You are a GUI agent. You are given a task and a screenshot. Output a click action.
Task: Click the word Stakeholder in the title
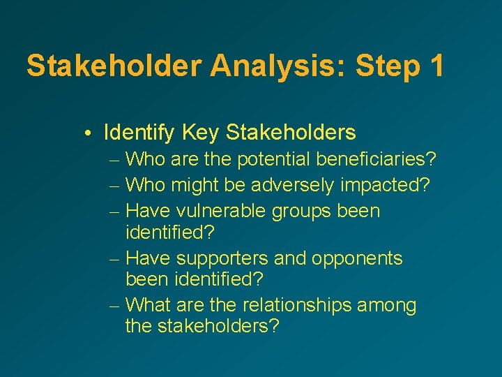[x=113, y=66]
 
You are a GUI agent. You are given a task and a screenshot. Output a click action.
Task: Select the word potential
[x=274, y=160]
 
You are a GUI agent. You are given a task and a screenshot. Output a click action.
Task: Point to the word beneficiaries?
[x=376, y=160]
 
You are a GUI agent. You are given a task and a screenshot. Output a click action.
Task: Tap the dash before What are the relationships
[x=115, y=306]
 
